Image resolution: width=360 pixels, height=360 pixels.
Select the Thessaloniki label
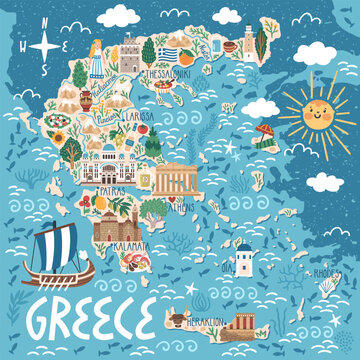pyautogui.click(x=170, y=74)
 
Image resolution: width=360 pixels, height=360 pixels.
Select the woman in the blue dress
pyautogui.click(x=98, y=55)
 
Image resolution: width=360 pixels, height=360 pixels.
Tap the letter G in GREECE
pyautogui.click(x=48, y=319)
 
